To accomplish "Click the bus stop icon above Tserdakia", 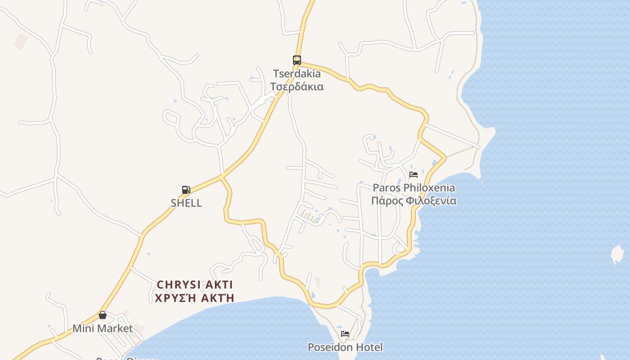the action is coord(297,60).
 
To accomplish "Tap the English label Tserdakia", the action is coord(297,73).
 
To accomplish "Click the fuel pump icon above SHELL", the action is coord(186,190).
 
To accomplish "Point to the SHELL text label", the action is coord(186,203).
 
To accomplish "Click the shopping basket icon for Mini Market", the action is coord(103,315).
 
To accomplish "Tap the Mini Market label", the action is coord(103,328).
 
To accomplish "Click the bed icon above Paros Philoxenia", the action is coord(414,175).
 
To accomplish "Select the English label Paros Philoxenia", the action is coord(414,188).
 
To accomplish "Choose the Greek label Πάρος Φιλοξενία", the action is coord(414,201).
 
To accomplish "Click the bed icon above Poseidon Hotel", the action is coord(345,334).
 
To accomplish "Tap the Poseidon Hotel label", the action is coord(345,347).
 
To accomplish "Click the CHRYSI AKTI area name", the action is coord(195,285).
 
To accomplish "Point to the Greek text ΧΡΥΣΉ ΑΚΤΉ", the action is coord(195,298).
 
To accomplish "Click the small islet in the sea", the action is coord(617,255).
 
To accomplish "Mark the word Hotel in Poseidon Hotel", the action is coord(369,347).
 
